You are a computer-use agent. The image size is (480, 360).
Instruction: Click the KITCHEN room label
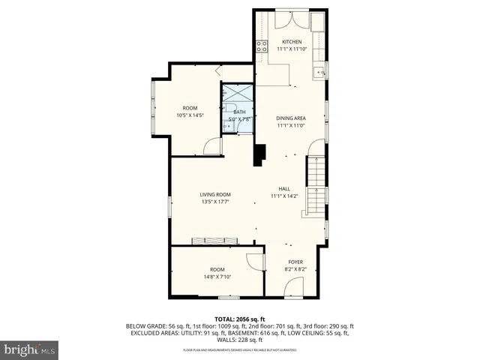coord(292,41)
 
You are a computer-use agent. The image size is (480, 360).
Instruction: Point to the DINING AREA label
coord(290,118)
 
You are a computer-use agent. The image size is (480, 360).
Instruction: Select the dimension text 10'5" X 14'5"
coord(190,115)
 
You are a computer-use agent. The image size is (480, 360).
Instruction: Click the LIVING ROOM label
coord(214,194)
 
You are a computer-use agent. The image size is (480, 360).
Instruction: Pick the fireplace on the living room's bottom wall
coord(214,241)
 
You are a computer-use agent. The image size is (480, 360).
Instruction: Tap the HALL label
coord(284,189)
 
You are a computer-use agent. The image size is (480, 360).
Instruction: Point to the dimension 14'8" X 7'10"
coord(217,277)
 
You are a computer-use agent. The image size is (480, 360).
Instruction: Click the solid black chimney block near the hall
coord(259,154)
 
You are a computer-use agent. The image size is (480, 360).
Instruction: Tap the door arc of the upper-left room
coord(213,146)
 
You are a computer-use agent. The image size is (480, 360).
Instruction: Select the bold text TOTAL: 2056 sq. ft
coord(239,319)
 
